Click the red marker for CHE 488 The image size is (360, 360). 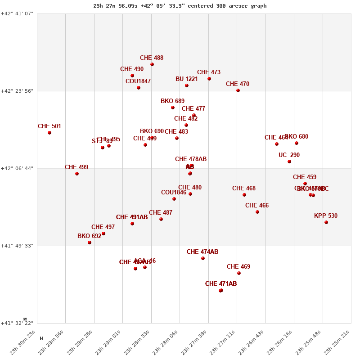(152, 64)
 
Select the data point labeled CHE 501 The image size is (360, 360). (49, 133)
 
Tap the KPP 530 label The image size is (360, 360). (326, 216)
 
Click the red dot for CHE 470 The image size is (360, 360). (238, 90)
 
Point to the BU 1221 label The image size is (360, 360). (187, 79)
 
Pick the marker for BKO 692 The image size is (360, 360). (90, 243)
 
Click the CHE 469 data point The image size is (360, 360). (239, 273)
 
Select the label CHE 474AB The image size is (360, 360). (202, 252)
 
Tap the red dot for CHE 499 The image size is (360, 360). (77, 174)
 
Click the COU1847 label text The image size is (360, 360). (138, 81)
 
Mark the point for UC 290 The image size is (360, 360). (289, 162)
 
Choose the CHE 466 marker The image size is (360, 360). (257, 212)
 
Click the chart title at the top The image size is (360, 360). (180, 6)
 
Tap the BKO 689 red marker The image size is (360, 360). (173, 108)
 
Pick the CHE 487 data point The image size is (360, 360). (161, 219)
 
